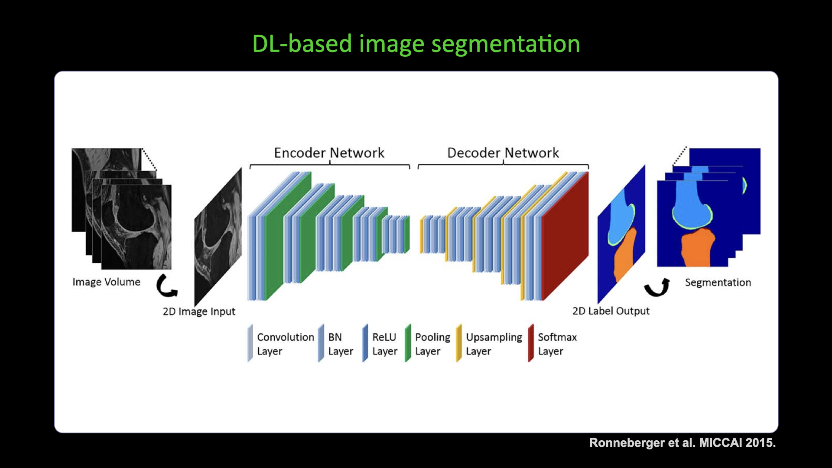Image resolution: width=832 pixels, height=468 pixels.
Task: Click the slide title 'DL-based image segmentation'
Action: pos(416,44)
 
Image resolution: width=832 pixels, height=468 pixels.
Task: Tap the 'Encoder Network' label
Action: pos(329,153)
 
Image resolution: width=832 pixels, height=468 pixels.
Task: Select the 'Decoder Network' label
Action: pos(503,153)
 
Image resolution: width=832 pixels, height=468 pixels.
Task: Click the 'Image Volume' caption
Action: pos(106,282)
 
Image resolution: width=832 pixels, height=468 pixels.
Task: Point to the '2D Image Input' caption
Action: pos(199,312)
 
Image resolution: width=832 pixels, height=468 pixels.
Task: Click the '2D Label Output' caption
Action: pos(611,311)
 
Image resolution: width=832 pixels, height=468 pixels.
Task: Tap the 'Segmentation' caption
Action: pos(718,283)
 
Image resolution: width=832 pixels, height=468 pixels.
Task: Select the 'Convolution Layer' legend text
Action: pos(285,344)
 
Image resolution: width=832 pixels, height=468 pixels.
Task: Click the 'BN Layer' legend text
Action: pos(340,344)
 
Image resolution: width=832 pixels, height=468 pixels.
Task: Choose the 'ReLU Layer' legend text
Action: pos(384,344)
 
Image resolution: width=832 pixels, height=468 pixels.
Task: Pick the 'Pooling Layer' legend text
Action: pos(432,344)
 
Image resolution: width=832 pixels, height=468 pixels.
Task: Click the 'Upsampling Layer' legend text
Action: pos(494,344)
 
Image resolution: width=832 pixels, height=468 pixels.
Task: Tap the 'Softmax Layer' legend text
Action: pos(557,344)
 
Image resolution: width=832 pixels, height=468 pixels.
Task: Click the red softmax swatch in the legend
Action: pos(531,343)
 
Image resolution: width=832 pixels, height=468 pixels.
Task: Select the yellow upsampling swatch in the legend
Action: pos(459,343)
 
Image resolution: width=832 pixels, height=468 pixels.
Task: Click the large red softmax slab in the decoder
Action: pos(565,236)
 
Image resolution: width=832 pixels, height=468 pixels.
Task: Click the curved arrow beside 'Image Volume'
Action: pos(166,286)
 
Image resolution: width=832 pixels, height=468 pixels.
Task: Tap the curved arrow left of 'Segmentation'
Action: pos(657,287)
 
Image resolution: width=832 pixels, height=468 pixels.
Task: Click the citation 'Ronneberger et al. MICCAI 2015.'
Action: pos(682,443)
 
